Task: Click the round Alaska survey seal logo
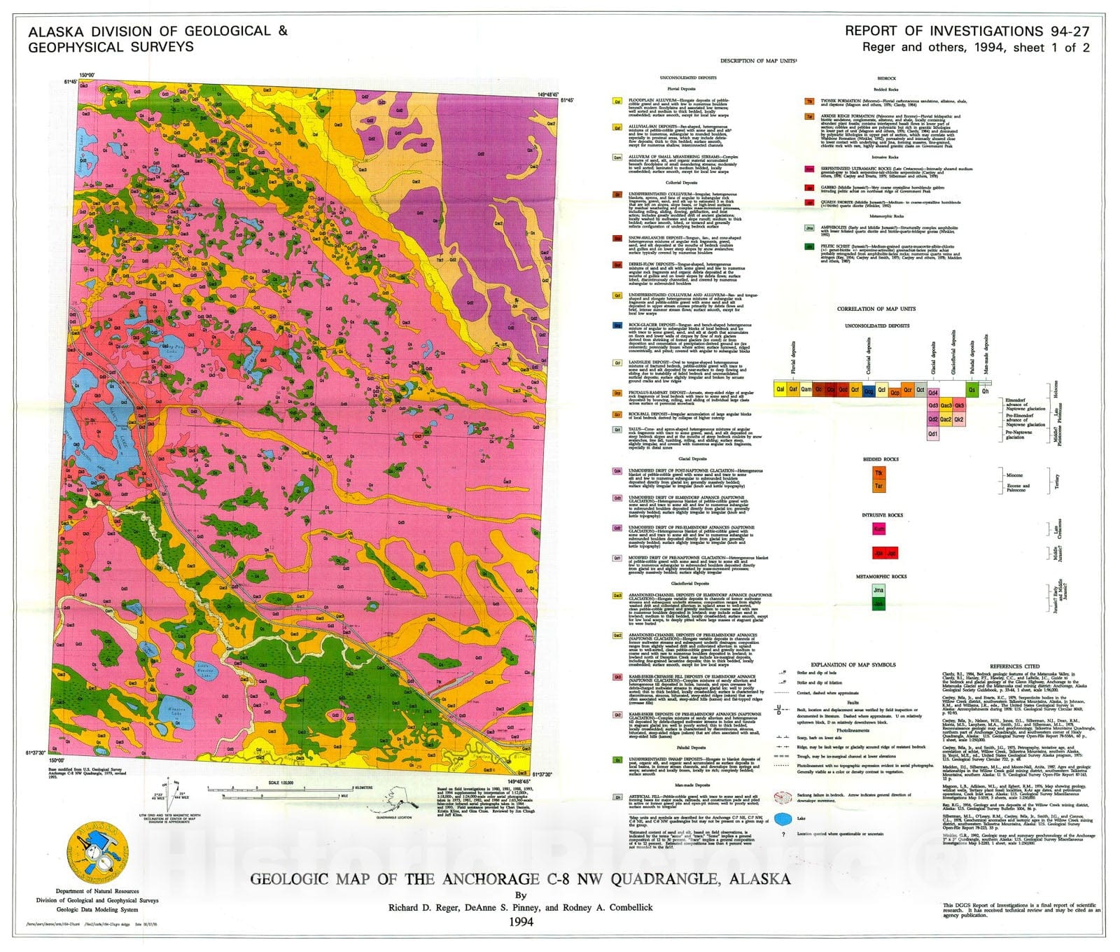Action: [97, 851]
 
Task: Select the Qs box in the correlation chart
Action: [972, 390]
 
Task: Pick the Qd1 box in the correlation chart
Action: [933, 434]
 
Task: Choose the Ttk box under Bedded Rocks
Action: [878, 473]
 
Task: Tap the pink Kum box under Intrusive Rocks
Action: [878, 529]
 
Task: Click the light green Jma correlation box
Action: [878, 590]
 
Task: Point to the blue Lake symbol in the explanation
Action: [785, 818]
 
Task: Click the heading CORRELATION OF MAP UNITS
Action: [876, 309]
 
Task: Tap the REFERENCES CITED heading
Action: [1014, 666]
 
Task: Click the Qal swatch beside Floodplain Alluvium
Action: [617, 101]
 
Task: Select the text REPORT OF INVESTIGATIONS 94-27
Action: [967, 31]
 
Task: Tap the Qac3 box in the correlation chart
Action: [946, 405]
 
